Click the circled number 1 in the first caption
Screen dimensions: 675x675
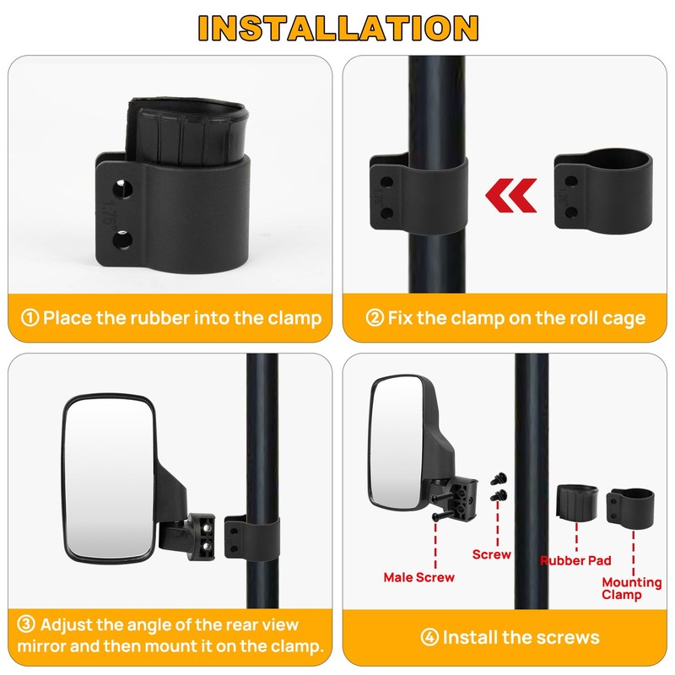tap(30, 318)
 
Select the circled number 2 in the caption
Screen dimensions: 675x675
tap(374, 318)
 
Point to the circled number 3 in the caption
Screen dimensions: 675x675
tap(27, 625)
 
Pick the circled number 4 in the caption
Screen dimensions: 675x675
tap(429, 637)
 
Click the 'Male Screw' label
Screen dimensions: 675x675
tap(418, 578)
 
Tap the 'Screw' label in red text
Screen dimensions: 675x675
tap(492, 554)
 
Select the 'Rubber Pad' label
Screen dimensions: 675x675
tap(575, 560)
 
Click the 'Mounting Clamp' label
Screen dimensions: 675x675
tap(632, 588)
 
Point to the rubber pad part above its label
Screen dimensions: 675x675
tap(579, 505)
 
